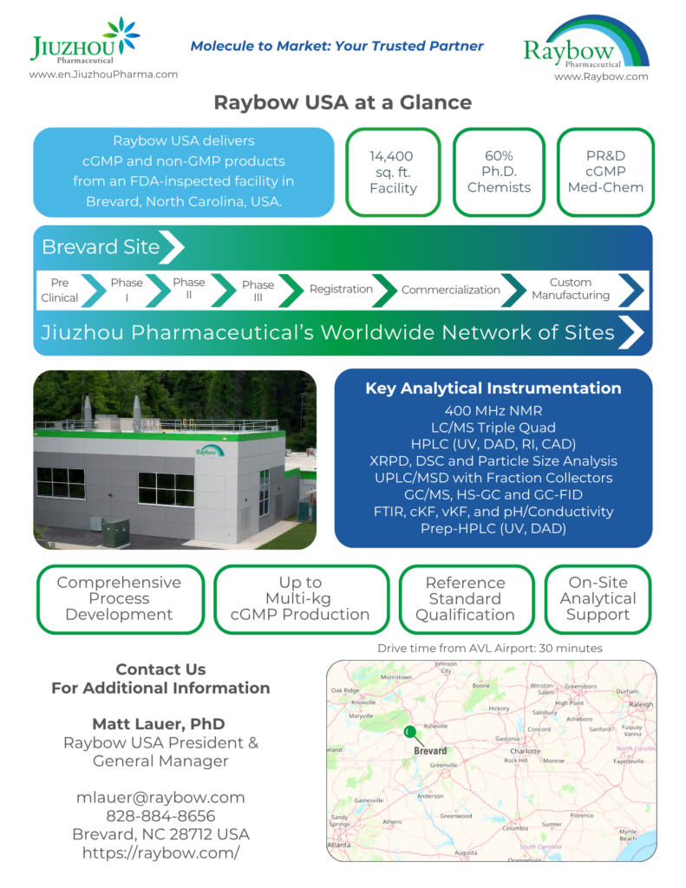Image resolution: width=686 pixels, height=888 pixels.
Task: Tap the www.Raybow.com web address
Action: tap(601, 76)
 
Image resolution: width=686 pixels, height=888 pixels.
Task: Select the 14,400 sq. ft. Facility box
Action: tap(393, 172)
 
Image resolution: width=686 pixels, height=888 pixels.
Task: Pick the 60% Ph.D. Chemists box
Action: tap(499, 172)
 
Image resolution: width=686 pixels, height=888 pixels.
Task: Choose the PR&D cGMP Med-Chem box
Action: tap(604, 172)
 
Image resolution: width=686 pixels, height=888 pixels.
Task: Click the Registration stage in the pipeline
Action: tap(341, 290)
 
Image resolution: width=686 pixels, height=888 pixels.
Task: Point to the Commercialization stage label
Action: tap(450, 290)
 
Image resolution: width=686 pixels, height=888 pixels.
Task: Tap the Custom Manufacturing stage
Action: tap(570, 290)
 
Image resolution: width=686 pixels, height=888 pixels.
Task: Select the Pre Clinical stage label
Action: tap(59, 290)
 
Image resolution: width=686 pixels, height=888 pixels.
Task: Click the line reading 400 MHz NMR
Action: tap(493, 411)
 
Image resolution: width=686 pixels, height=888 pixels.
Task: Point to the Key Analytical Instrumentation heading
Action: tap(493, 388)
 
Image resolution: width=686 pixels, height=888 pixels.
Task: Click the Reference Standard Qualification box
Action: tap(465, 599)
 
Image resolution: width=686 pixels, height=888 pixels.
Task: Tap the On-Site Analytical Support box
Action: tap(598, 599)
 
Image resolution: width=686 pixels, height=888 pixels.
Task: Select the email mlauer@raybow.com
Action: tap(160, 797)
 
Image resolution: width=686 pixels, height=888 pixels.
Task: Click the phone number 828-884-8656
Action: tap(160, 816)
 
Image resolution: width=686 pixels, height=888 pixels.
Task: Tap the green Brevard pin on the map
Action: tap(409, 733)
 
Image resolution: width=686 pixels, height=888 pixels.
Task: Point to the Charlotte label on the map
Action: tap(526, 751)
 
